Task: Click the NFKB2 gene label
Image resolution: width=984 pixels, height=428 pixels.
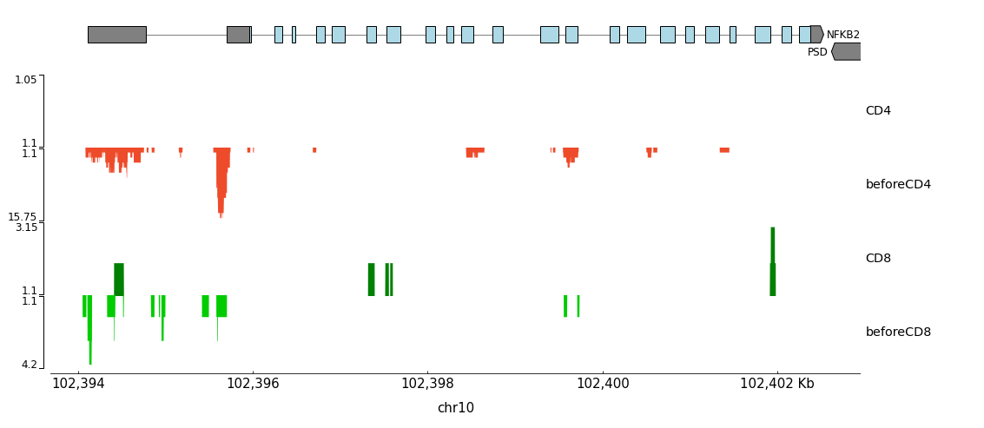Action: pyautogui.click(x=842, y=35)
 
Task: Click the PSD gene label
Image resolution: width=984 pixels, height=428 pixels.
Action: pyautogui.click(x=817, y=52)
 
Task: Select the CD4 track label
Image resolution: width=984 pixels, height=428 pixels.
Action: pyautogui.click(x=878, y=111)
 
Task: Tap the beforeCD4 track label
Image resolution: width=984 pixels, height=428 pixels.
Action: pyautogui.click(x=898, y=185)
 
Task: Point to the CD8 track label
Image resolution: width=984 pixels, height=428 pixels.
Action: pyautogui.click(x=878, y=259)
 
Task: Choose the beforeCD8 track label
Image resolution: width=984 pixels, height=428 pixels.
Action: pyautogui.click(x=898, y=333)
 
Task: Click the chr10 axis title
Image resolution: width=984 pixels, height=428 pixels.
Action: pyautogui.click(x=455, y=408)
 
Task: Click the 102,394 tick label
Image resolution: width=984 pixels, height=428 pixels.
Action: pyautogui.click(x=78, y=384)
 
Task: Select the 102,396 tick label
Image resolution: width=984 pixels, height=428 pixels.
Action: pyautogui.click(x=253, y=384)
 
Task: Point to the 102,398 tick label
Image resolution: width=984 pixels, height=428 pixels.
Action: pyautogui.click(x=427, y=384)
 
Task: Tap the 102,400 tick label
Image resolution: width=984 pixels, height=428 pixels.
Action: pyautogui.click(x=603, y=384)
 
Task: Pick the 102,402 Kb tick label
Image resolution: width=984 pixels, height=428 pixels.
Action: pyautogui.click(x=777, y=384)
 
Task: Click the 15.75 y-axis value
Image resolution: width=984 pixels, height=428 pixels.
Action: pyautogui.click(x=23, y=217)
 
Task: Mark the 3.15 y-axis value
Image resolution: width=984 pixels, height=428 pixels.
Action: pyautogui.click(x=26, y=227)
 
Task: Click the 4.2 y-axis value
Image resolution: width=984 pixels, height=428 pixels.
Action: pyautogui.click(x=30, y=365)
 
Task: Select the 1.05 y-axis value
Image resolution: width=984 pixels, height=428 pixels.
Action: pyautogui.click(x=26, y=80)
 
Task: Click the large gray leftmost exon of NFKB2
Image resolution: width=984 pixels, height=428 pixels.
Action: pyautogui.click(x=116, y=35)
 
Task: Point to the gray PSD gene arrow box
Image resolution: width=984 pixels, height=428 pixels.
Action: pyautogui.click(x=847, y=52)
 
